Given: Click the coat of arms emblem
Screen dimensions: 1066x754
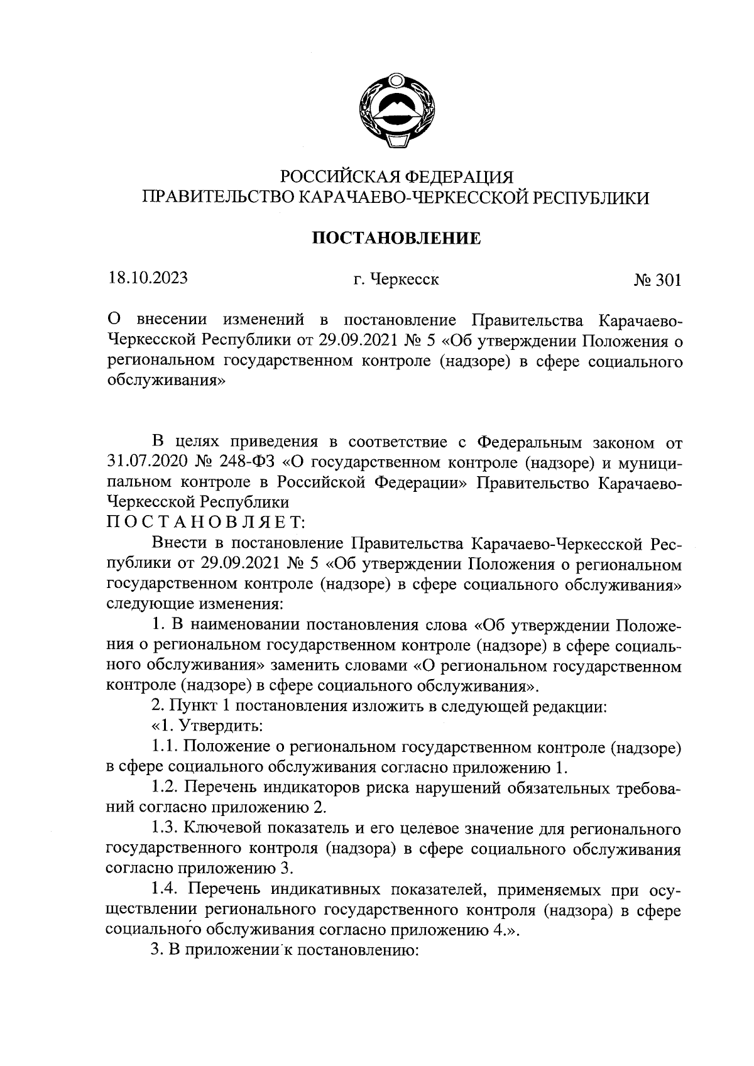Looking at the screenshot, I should (396, 112).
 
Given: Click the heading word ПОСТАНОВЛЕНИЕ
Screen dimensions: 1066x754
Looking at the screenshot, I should (396, 239).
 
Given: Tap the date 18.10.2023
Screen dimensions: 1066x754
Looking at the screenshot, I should (147, 278).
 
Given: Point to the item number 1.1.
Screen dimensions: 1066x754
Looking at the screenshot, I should (165, 748).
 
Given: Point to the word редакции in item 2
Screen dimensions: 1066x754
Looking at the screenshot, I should (568, 707).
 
